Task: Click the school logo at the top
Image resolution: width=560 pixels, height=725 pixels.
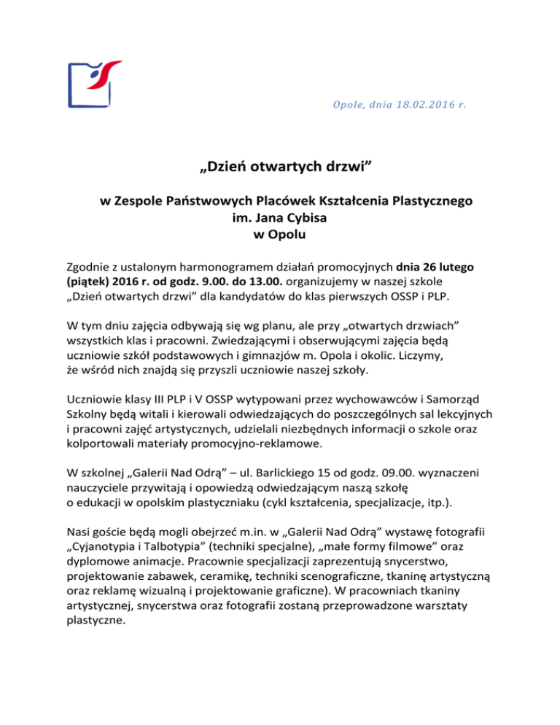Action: (x=94, y=84)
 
